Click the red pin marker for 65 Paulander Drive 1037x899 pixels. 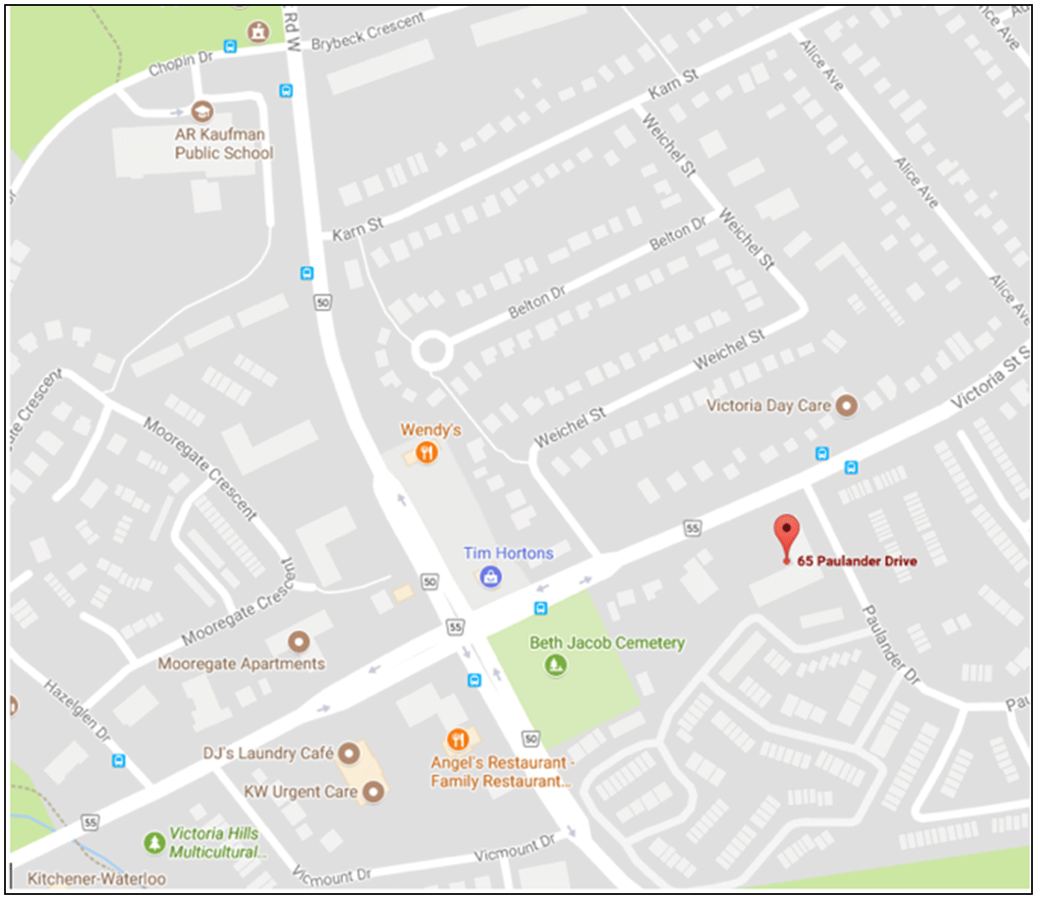coord(786,534)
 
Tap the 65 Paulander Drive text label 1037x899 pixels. coord(856,561)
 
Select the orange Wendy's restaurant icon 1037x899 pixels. coord(426,453)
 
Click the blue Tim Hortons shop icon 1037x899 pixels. coord(491,576)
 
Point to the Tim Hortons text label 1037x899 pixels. coord(508,553)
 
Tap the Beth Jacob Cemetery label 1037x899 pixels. coord(607,643)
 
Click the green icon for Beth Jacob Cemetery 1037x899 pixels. coord(556,665)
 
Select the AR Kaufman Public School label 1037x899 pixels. coord(223,143)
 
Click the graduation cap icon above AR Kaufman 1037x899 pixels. coord(201,111)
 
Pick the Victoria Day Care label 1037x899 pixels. coord(767,405)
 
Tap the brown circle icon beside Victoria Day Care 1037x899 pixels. coord(846,405)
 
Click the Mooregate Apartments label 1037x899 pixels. coord(241,663)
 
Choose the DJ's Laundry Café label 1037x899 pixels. coord(268,753)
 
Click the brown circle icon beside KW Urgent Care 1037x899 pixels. coord(374,792)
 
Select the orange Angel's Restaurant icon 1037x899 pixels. coord(457,739)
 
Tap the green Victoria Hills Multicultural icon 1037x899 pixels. coord(154,842)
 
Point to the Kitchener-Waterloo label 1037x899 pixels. coord(97,878)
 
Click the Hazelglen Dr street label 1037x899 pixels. coord(77,709)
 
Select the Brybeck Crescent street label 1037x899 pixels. coord(368,31)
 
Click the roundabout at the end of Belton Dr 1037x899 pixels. coord(432,350)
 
